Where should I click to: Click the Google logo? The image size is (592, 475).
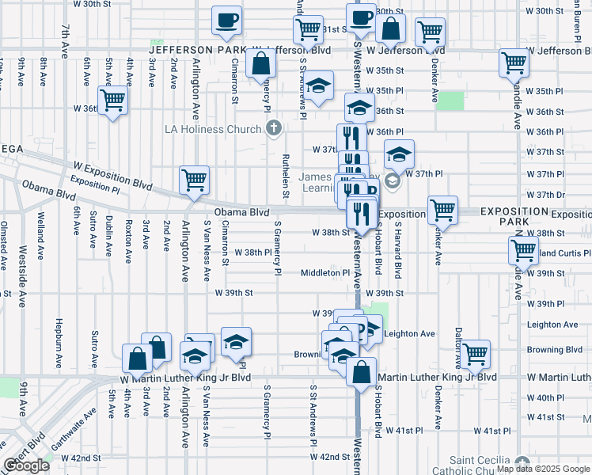[27, 465]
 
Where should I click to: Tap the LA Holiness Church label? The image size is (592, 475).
[212, 129]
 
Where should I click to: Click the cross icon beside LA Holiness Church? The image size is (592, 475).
[274, 128]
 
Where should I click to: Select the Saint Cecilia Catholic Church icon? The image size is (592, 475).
[521, 463]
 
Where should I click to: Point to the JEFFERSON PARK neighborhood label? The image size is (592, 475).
[194, 50]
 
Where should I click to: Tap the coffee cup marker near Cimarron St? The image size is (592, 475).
[227, 21]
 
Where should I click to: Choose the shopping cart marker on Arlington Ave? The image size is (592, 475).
[194, 180]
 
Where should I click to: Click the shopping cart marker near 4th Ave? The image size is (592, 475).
[113, 101]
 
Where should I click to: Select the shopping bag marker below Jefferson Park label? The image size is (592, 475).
[260, 64]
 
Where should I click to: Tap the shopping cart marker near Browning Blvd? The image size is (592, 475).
[475, 354]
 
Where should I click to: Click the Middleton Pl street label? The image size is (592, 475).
[324, 272]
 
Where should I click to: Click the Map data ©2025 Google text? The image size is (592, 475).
[543, 469]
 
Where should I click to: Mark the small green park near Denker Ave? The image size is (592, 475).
[450, 101]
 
